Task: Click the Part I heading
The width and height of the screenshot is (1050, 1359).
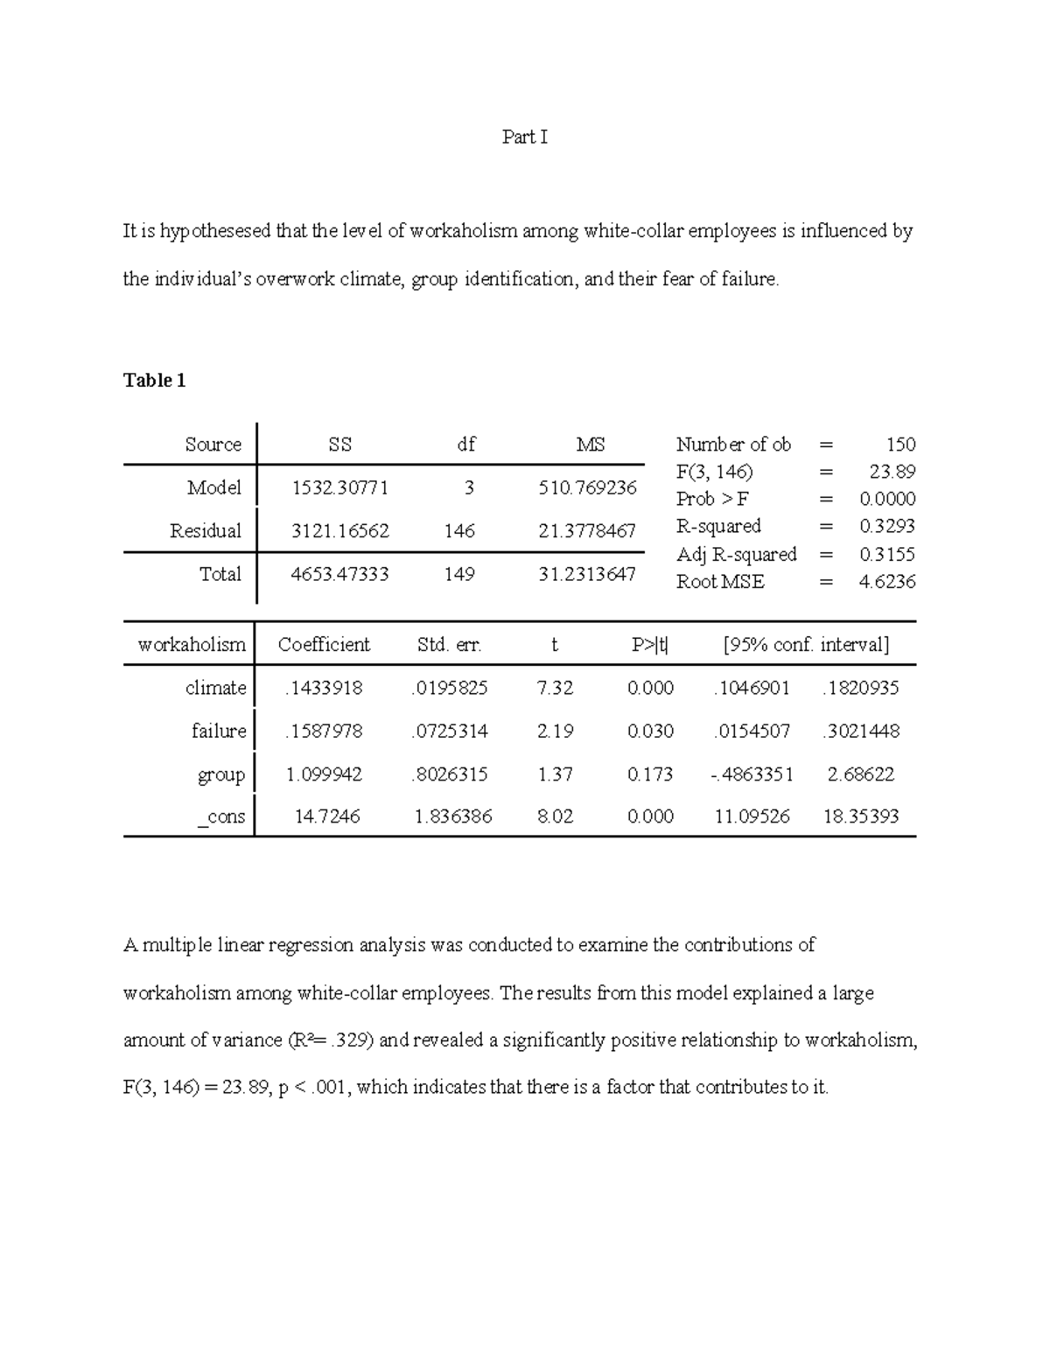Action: (524, 137)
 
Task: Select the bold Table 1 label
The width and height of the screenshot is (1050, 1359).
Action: (154, 381)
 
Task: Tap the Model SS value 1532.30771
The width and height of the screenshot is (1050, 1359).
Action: (339, 487)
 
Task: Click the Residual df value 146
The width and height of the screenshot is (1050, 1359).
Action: (459, 531)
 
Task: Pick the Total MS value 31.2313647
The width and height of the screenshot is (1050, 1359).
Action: (588, 575)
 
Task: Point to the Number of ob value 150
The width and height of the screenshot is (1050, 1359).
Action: (900, 445)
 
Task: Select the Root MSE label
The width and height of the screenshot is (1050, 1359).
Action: (720, 582)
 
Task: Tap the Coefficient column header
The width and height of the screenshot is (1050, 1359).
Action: (324, 645)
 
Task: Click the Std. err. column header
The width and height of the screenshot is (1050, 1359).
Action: (450, 645)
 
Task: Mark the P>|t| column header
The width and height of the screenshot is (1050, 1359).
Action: (650, 645)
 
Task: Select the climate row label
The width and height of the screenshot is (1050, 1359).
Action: (215, 688)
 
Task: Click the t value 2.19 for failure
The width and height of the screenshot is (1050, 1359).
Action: (555, 732)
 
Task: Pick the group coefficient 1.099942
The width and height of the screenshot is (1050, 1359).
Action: (324, 774)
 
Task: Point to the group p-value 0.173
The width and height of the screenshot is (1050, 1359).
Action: (650, 774)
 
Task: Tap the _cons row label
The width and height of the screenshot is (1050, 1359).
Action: (221, 817)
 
